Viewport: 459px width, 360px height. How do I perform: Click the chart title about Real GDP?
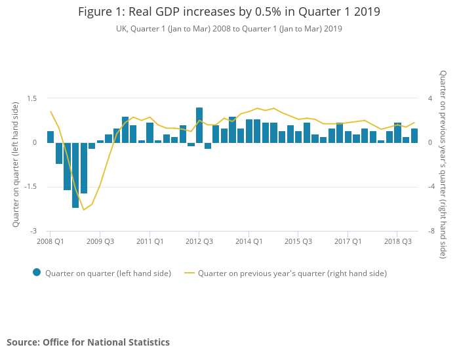pos(229,12)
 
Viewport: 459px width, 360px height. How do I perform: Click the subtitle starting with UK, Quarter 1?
pos(229,29)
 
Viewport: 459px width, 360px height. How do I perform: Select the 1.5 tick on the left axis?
pos(31,98)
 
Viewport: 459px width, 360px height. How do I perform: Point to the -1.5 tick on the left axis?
pos(30,187)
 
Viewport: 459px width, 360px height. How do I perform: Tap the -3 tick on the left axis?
pos(33,231)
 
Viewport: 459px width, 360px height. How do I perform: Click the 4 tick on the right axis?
pos(430,98)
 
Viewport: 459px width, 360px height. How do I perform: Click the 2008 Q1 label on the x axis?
pos(50,241)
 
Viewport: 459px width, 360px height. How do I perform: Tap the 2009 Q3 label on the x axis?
pos(100,241)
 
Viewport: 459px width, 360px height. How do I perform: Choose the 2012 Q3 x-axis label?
pos(199,241)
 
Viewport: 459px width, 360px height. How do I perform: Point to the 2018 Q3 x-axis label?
pos(397,241)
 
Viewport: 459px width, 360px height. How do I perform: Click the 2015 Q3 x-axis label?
pos(298,241)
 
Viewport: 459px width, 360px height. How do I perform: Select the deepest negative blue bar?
pos(75,175)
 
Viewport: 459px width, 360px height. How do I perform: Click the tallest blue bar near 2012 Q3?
pos(199,125)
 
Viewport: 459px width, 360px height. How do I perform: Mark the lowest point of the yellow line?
pos(83,210)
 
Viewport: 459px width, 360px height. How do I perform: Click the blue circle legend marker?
pos(37,273)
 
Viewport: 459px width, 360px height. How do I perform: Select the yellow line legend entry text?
pos(292,273)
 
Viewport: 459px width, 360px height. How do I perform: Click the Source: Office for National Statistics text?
pos(88,342)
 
